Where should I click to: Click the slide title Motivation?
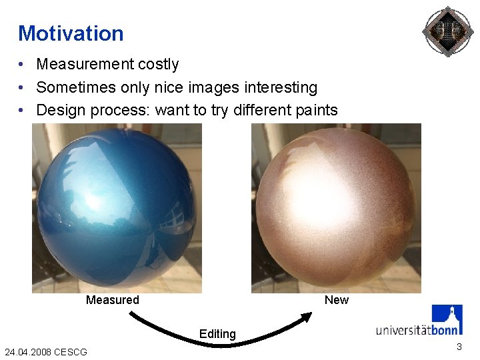click(71, 33)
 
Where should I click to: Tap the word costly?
click(157, 65)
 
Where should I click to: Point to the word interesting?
click(279, 87)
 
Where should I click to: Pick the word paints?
click(313, 110)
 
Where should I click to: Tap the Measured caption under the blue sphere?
click(113, 300)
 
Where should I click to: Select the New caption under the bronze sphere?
click(336, 300)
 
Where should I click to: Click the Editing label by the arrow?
click(217, 334)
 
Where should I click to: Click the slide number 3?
click(459, 347)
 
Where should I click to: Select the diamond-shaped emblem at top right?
click(447, 31)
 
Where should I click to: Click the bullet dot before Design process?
click(22, 111)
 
